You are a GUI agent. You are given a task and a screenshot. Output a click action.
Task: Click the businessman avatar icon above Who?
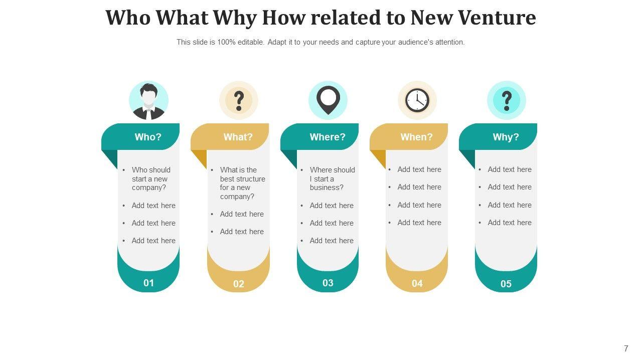148,101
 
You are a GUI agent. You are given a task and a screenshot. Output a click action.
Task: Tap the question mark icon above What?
239,101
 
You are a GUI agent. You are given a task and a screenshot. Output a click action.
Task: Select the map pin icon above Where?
328,99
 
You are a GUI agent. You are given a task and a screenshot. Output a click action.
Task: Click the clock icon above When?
417,100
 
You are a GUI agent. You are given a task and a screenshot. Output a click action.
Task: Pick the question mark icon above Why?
507,100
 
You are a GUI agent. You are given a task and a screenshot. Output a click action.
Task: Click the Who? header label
148,137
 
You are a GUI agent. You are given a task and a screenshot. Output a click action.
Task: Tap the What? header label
238,137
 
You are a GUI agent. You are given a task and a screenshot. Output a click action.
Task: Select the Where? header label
328,137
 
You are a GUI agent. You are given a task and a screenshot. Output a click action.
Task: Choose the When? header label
416,137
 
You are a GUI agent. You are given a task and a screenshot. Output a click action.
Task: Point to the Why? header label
506,137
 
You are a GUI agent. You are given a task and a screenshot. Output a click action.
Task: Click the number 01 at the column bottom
149,283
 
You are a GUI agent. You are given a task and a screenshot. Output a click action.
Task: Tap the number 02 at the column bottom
239,284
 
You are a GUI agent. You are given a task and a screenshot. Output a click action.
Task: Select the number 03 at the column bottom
328,283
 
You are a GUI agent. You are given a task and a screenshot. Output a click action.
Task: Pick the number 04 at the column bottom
417,283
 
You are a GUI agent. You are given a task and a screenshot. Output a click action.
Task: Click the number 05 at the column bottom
506,284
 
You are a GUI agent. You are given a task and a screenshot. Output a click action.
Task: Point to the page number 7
626,348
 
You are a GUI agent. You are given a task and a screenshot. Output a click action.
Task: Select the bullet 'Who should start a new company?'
150,178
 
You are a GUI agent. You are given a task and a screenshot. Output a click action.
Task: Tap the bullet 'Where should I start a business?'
332,178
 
